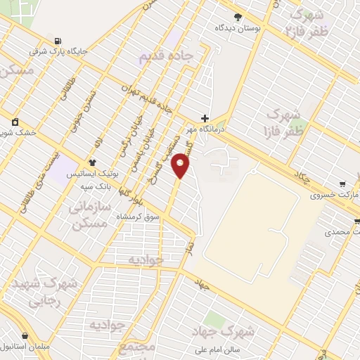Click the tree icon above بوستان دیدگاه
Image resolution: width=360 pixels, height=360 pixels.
click(238, 17)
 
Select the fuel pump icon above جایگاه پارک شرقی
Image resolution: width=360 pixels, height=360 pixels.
click(56, 39)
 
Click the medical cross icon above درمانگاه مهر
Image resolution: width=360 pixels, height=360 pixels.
click(205, 117)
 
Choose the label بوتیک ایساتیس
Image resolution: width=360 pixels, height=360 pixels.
click(91, 173)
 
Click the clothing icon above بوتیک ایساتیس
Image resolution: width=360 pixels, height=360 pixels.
click(91, 162)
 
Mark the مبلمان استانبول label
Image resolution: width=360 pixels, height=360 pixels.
click(24, 347)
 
